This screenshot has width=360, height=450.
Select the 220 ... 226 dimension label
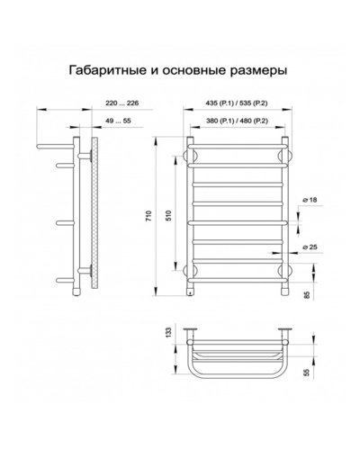tap(122, 103)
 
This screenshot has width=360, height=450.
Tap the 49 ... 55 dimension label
tap(118, 121)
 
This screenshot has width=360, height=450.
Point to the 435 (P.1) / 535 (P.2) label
tap(237, 103)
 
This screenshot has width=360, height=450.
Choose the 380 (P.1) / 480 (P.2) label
tap(237, 121)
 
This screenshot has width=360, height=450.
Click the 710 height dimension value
tap(149, 216)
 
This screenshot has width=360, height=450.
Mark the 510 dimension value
tap(168, 216)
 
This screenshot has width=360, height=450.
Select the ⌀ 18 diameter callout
tap(310, 200)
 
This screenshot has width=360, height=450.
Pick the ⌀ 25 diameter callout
tap(310, 247)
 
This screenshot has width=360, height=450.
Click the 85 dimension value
tap(307, 295)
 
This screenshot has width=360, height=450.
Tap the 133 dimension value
tap(168, 332)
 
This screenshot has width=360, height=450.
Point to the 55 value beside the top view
tap(307, 373)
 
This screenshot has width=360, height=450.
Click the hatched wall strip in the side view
tap(95, 213)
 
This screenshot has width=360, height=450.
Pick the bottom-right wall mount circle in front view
tap(285, 270)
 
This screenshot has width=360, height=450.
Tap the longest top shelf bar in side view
tap(55, 147)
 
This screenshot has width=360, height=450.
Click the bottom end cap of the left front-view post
tap(190, 292)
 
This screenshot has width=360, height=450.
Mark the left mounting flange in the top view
tap(190, 329)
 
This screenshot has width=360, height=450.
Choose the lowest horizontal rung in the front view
tap(238, 280)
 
